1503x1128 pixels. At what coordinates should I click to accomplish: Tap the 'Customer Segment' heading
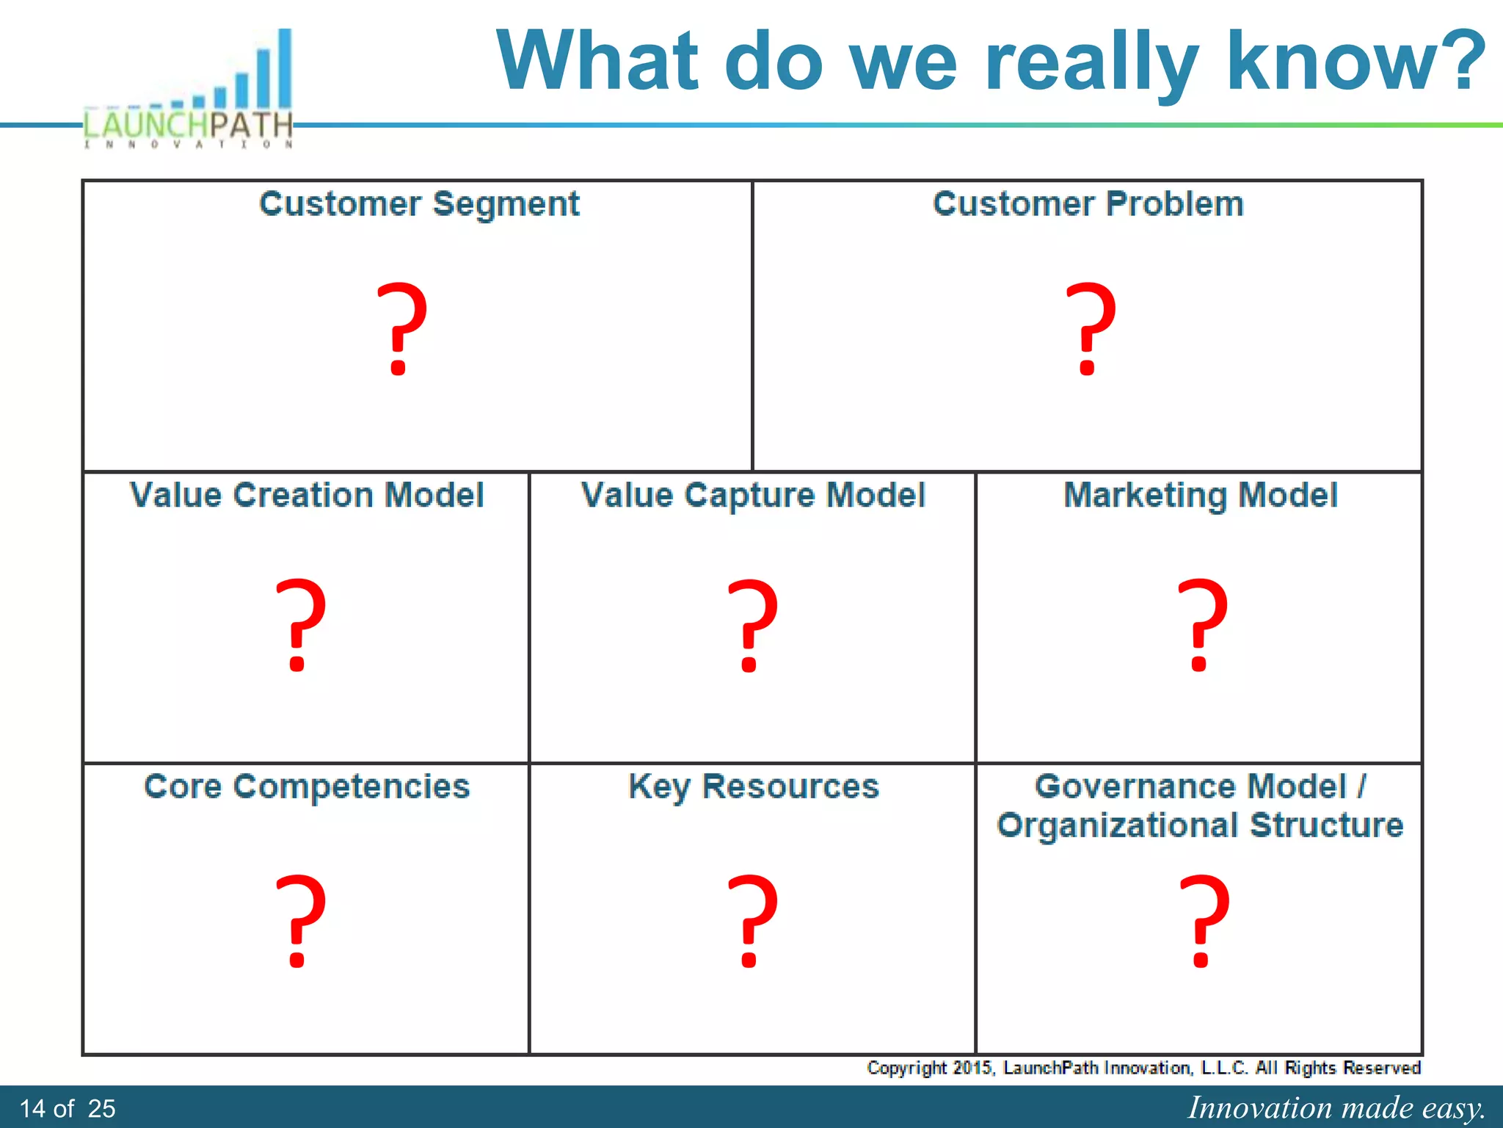pos(419,204)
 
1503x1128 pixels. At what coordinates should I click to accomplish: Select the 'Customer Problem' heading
pos(1088,204)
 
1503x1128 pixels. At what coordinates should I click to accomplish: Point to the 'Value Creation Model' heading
pos(307,495)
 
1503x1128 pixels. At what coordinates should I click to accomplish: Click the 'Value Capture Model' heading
pos(753,495)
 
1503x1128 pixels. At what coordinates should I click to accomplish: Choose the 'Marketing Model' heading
pos(1201,495)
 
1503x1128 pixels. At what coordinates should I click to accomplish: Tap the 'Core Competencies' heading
pos(307,787)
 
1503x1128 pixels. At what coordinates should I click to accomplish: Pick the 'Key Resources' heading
pos(754,787)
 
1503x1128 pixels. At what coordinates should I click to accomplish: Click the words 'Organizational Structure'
pos(1200,825)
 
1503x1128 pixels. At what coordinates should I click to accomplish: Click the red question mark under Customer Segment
pos(401,328)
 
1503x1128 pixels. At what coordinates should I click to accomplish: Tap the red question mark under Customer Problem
pos(1091,328)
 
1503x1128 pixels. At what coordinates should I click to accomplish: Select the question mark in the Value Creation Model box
pos(299,625)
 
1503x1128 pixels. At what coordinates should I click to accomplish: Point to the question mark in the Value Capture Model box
pos(751,625)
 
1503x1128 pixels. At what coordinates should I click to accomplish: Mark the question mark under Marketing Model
pos(1201,625)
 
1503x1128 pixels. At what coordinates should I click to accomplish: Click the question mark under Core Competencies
pos(299,921)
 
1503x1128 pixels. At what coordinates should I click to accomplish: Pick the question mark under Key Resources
pos(751,921)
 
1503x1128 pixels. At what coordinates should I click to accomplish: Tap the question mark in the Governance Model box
pos(1203,921)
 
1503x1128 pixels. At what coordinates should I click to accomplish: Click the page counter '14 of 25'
pos(68,1108)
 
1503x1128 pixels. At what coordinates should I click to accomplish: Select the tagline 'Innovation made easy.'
pos(1336,1107)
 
